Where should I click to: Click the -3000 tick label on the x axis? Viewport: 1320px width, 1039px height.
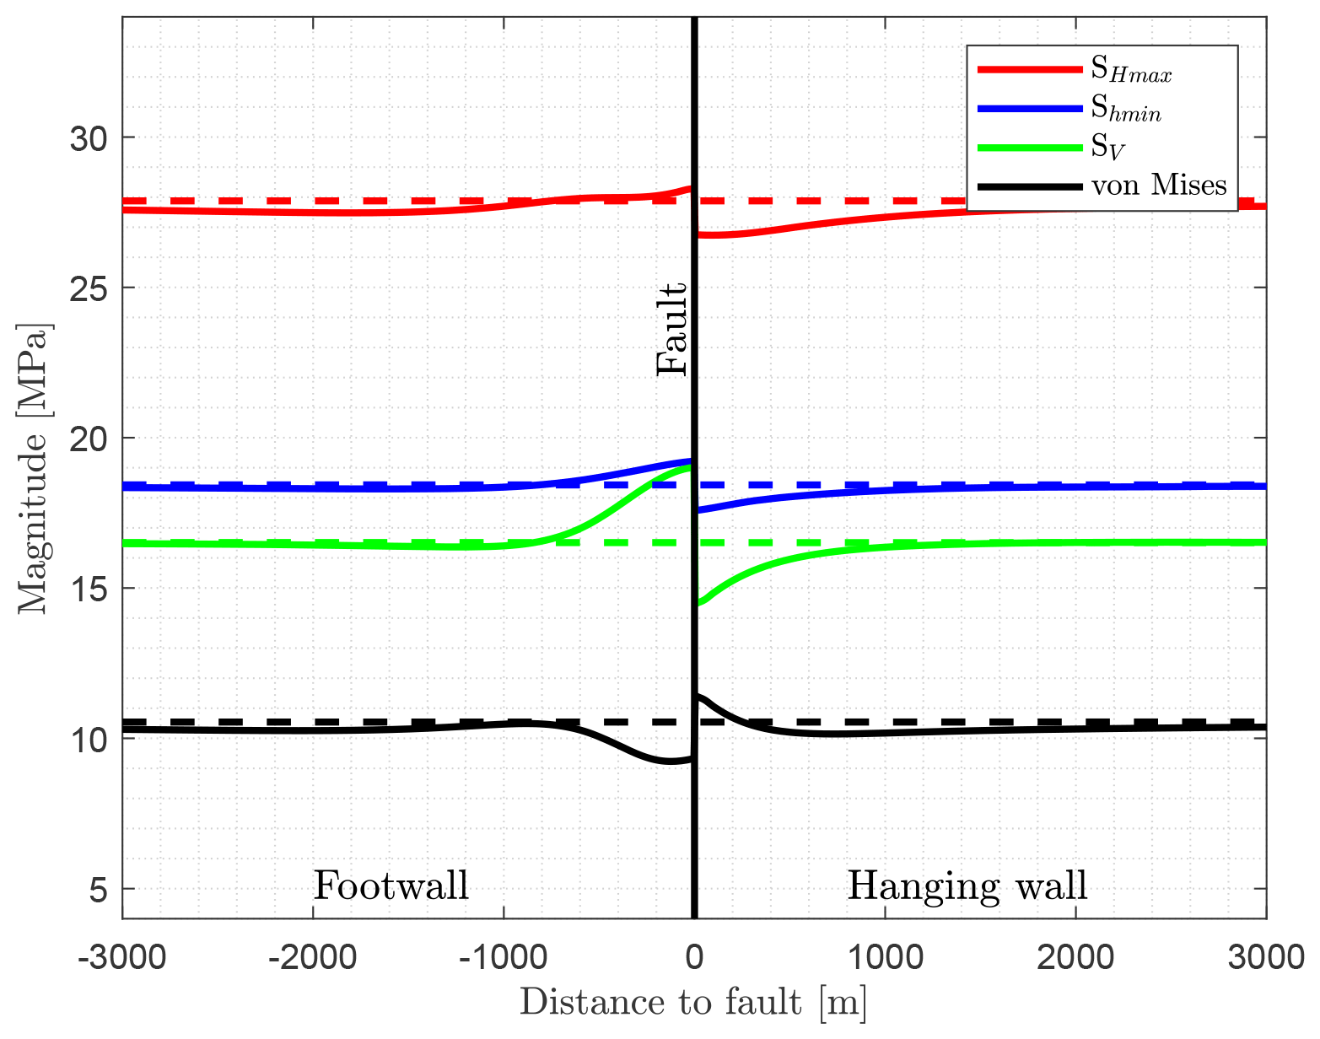click(x=122, y=959)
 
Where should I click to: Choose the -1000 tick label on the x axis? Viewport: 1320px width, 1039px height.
click(x=504, y=959)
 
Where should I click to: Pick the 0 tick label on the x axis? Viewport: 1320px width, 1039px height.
click(x=694, y=959)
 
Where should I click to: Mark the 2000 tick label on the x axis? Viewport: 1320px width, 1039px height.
click(x=1075, y=959)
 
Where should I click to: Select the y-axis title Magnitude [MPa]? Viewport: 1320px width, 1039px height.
click(x=34, y=468)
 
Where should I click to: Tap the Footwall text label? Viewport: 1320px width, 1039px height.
click(x=391, y=886)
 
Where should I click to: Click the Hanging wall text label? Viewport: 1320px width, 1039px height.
click(x=967, y=886)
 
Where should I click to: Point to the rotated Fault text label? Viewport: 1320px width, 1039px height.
click(x=673, y=329)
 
